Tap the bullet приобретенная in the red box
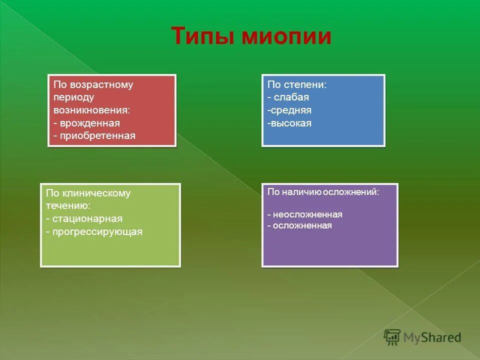pyautogui.click(x=97, y=136)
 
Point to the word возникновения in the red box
pyautogui.click(x=91, y=110)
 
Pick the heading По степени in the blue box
pyautogui.click(x=296, y=84)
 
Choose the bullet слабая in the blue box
pyautogui.click(x=291, y=97)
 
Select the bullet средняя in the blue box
pyautogui.click(x=290, y=110)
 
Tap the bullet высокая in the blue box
pyautogui.click(x=290, y=123)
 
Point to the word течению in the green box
pyautogui.click(x=68, y=205)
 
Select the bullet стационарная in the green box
pyautogui.click(x=87, y=219)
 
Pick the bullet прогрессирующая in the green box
pyautogui.click(x=97, y=232)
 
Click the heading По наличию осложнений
pyautogui.click(x=323, y=192)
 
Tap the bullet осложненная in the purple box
pyautogui.click(x=302, y=225)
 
